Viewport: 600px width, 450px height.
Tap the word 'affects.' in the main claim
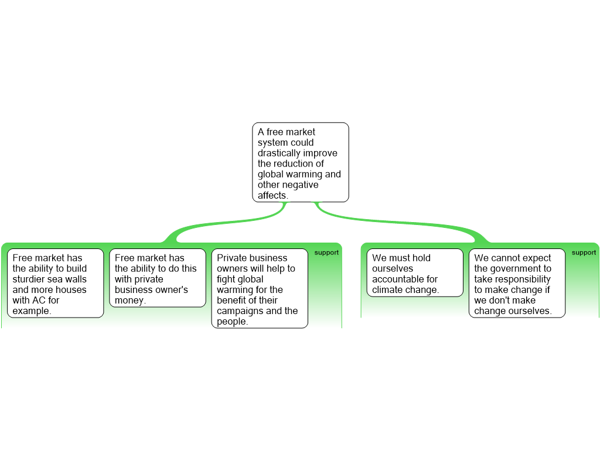[273, 195]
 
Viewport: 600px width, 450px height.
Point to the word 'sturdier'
[29, 279]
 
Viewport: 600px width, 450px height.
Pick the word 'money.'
[130, 300]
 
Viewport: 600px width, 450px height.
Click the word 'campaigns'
[239, 311]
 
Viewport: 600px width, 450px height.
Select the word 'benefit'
[232, 300]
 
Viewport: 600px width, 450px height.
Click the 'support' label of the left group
[326, 253]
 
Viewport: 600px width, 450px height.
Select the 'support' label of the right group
[584, 253]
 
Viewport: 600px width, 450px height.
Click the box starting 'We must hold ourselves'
[415, 272]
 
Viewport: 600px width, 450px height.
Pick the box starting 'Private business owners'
[260, 288]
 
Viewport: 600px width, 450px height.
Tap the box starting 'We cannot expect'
[517, 283]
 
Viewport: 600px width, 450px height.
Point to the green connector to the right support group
[398, 221]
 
